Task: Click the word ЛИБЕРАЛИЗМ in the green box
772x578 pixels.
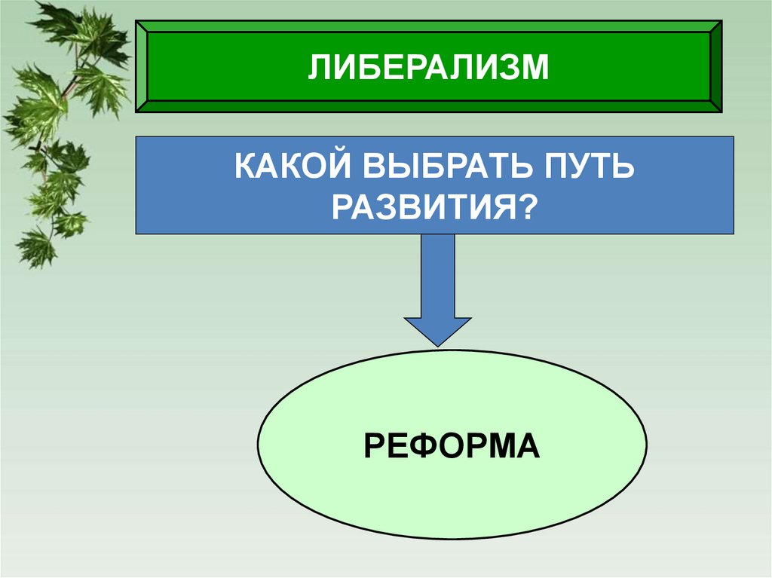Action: coord(427,68)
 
